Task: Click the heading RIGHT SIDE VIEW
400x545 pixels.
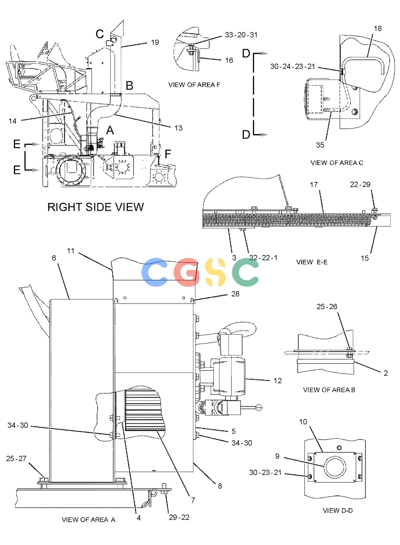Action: pyautogui.click(x=95, y=207)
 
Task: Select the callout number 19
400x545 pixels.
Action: pyautogui.click(x=155, y=42)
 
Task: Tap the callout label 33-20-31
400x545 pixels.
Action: pyautogui.click(x=241, y=35)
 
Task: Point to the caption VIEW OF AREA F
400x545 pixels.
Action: pyautogui.click(x=194, y=85)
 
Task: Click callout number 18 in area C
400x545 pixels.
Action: pyautogui.click(x=378, y=28)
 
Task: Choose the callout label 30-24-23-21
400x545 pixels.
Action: pyautogui.click(x=292, y=67)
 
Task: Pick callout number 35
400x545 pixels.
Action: pyautogui.click(x=320, y=145)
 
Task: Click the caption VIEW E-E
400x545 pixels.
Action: pyautogui.click(x=312, y=262)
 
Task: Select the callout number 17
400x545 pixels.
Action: pyautogui.click(x=314, y=184)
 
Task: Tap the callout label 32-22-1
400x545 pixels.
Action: pyautogui.click(x=263, y=258)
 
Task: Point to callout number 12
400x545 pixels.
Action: pyautogui.click(x=278, y=381)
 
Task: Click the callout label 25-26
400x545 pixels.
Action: pyautogui.click(x=327, y=307)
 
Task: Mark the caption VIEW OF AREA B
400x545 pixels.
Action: pyautogui.click(x=329, y=390)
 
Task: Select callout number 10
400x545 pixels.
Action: pyautogui.click(x=303, y=422)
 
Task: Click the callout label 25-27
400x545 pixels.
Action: pyautogui.click(x=16, y=458)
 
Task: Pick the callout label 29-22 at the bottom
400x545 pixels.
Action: pyautogui.click(x=179, y=517)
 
